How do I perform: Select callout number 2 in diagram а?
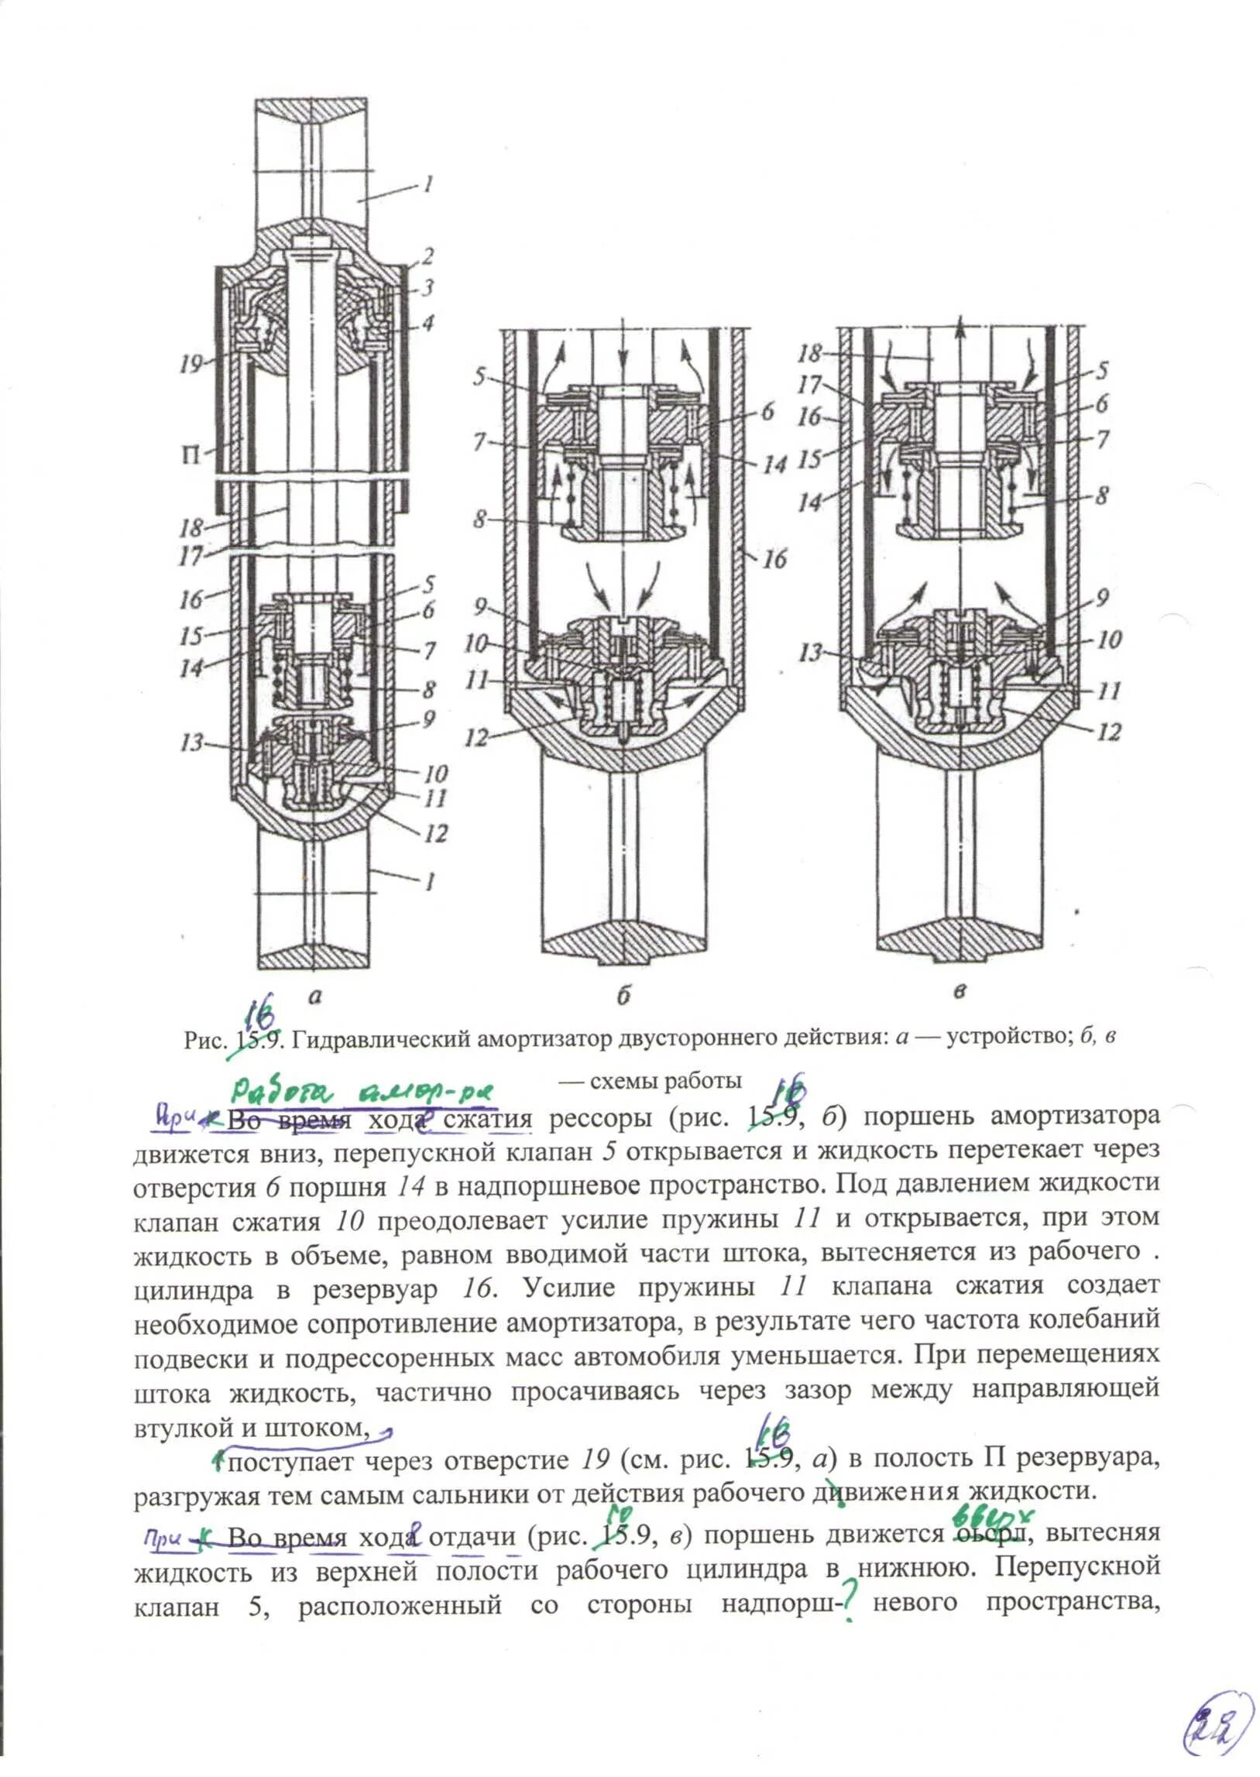click(426, 256)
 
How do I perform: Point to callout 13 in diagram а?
click(191, 743)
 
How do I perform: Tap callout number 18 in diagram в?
click(809, 353)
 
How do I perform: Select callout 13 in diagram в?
click(812, 652)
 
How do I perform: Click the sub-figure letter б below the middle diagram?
click(623, 998)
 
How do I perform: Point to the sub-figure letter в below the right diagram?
click(960, 992)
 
